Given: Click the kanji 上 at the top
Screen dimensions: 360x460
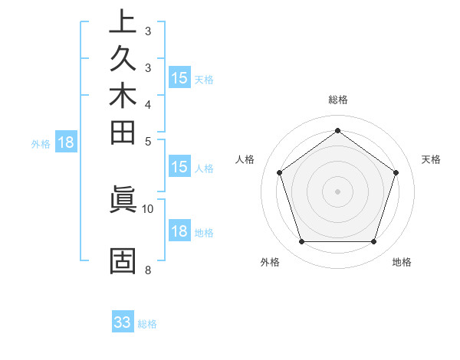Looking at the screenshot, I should point(123,22).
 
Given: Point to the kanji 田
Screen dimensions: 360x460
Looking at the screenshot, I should point(123,134).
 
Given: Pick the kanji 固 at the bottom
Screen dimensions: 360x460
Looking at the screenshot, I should point(123,261).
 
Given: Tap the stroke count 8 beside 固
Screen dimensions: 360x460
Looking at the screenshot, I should point(147,269).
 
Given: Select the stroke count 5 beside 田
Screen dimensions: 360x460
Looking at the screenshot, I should point(147,141).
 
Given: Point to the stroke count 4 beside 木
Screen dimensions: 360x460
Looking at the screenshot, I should point(147,104).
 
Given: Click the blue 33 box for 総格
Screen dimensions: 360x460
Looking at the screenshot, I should point(123,322).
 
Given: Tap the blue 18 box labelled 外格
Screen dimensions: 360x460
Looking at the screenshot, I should point(66,142).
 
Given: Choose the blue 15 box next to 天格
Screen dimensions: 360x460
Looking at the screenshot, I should point(179,77).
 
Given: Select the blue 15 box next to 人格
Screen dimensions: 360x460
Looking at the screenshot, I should point(179,167).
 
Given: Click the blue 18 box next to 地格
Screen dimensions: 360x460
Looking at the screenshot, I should point(179,231).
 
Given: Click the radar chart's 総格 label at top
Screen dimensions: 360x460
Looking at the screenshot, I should point(337,100).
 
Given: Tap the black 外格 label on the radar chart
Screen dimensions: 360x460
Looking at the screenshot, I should point(270,263).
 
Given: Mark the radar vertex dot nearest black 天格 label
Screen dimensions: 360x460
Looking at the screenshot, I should point(396,172).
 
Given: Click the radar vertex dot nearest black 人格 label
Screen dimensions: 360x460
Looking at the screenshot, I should point(279,172).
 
